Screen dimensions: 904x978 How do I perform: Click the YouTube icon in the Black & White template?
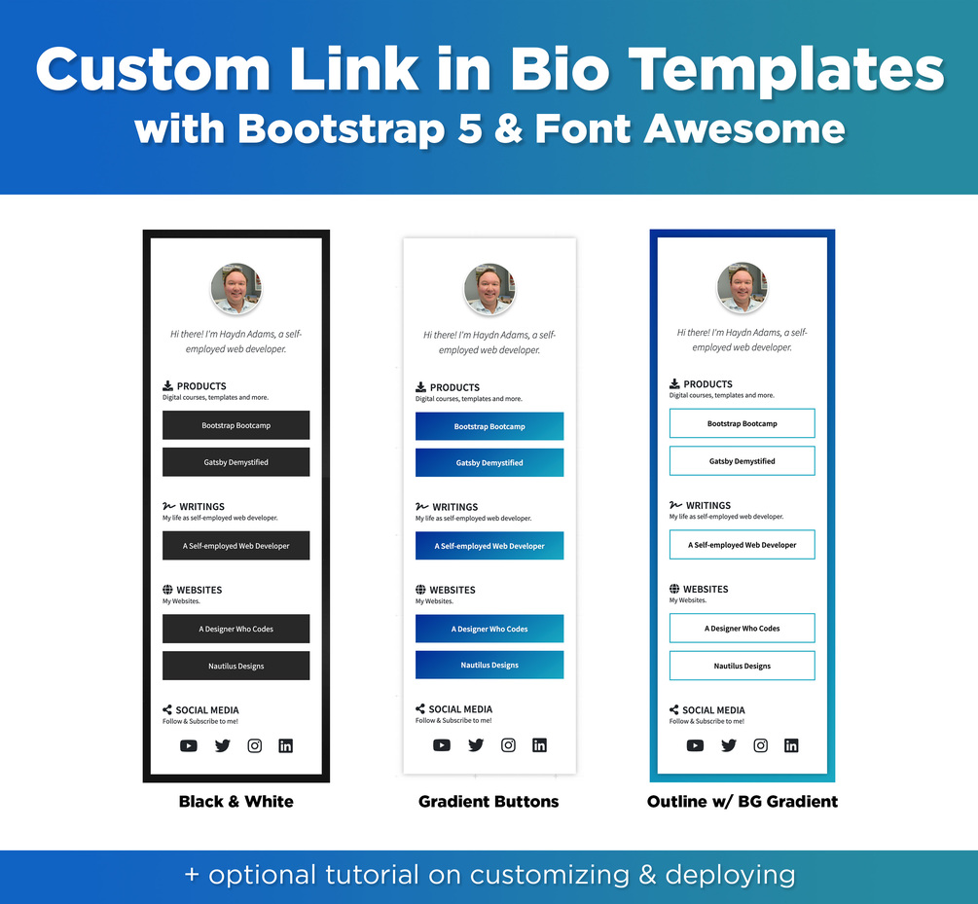[189, 745]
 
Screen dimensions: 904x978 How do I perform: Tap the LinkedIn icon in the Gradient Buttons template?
[540, 745]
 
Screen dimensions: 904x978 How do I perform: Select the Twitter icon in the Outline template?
[729, 745]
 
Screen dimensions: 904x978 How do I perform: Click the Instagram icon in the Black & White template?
[255, 745]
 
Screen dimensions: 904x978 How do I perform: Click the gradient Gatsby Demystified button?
[489, 462]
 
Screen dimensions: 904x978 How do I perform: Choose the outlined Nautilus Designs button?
[742, 666]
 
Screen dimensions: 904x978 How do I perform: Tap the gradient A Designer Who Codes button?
[489, 629]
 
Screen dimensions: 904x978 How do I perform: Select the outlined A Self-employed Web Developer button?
[742, 545]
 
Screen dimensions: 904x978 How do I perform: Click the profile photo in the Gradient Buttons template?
[489, 289]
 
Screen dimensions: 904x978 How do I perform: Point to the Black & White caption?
[235, 802]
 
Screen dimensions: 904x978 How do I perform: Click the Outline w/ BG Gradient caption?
[742, 802]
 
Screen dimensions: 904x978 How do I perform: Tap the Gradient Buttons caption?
[489, 802]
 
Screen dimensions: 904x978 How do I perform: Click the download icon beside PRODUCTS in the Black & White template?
[167, 385]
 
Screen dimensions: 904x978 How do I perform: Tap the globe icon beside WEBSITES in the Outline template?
[674, 589]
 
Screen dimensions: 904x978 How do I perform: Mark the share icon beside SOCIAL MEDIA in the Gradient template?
[420, 708]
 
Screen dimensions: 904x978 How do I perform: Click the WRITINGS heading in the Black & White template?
[201, 506]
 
